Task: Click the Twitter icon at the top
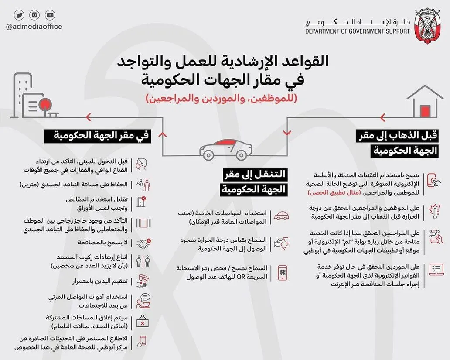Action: click(19, 15)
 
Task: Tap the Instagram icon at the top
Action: click(34, 15)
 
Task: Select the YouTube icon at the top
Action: click(50, 15)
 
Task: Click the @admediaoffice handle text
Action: click(34, 27)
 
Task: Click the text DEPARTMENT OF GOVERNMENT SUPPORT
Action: click(358, 31)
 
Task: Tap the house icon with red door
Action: click(425, 101)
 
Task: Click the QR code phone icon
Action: click(282, 273)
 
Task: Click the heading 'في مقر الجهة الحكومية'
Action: click(97, 136)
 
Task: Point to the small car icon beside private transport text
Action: click(281, 216)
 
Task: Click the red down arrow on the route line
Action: click(286, 134)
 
